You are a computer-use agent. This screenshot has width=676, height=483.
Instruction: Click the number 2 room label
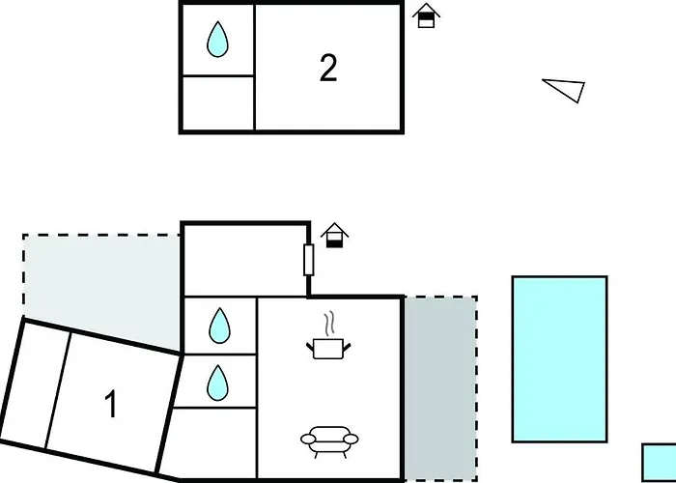328,69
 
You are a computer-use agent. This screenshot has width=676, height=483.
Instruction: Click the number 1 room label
111,404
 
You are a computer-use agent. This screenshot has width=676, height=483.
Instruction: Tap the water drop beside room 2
217,40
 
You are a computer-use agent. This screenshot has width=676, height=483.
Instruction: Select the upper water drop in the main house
219,326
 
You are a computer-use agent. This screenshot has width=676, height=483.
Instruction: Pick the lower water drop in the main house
217,383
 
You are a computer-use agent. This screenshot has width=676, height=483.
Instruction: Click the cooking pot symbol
328,349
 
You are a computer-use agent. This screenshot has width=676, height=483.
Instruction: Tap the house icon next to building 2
426,15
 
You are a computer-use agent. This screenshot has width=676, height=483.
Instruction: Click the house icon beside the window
334,236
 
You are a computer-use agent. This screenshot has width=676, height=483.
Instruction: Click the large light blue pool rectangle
559,359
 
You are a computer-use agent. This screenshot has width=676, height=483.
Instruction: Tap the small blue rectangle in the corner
659,463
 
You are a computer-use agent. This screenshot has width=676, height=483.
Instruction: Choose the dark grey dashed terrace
440,387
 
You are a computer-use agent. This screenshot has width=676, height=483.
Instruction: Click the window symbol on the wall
309,260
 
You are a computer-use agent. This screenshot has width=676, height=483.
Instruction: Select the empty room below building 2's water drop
218,103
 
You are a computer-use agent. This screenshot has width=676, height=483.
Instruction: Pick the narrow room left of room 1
37,384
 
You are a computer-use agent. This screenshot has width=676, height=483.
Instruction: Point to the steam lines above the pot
329,325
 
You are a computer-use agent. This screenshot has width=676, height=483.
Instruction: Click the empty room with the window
245,261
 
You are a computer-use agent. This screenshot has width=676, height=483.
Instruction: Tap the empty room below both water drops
212,442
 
